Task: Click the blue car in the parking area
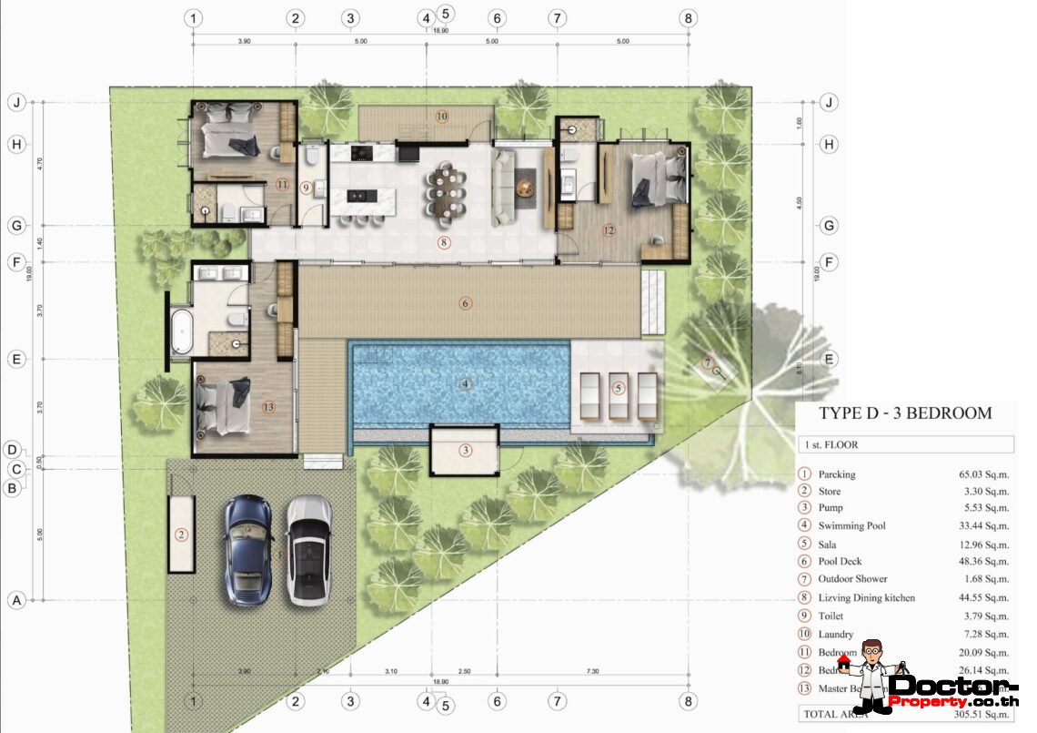pos(248,550)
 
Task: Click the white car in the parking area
pos(309,550)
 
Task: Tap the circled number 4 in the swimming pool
pos(466,384)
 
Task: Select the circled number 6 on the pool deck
pos(466,303)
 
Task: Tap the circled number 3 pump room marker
pos(466,450)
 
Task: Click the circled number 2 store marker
pos(181,534)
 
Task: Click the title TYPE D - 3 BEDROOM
pos(904,412)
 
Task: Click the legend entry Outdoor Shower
pos(852,579)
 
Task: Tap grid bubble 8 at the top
pos(689,18)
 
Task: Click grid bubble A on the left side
pos(15,600)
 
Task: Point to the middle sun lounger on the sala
pos(619,395)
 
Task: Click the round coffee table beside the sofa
pos(525,188)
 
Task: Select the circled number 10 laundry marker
pos(441,117)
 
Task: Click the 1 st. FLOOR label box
pos(904,445)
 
